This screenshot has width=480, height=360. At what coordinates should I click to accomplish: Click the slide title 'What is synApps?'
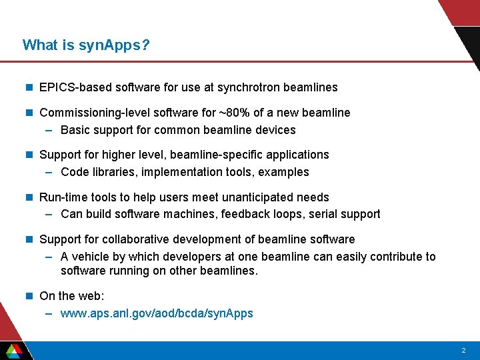(86, 45)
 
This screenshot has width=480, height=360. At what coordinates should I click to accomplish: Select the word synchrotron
(249, 87)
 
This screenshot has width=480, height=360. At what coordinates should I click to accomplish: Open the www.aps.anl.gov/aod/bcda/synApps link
(157, 313)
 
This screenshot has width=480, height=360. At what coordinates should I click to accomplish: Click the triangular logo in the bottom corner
(13, 351)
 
